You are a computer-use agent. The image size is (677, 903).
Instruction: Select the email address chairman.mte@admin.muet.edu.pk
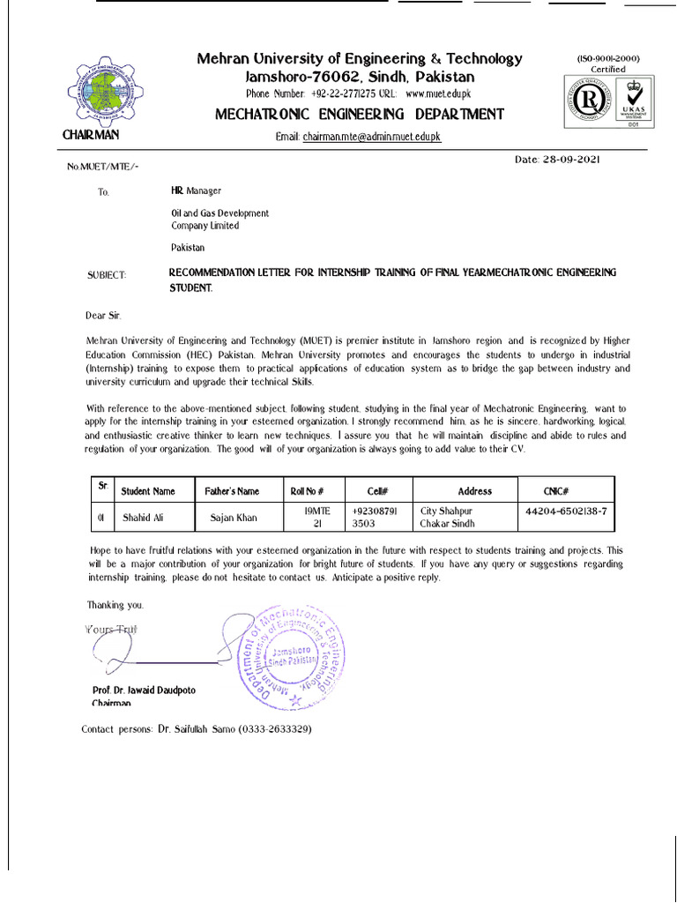(x=371, y=138)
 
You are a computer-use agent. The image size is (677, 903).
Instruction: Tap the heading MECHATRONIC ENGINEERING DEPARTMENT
(x=361, y=115)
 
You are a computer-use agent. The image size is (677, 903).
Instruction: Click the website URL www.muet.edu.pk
(x=439, y=93)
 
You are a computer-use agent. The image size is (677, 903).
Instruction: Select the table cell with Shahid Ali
(x=143, y=518)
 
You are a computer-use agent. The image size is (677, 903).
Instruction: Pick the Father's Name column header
(x=232, y=491)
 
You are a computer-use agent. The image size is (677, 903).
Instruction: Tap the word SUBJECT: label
(x=107, y=275)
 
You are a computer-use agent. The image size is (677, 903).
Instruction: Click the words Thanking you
(x=115, y=605)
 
